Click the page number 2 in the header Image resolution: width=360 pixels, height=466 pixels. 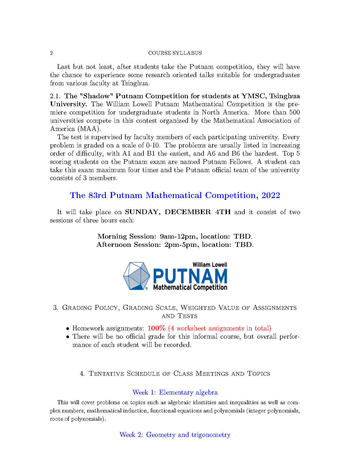point(51,53)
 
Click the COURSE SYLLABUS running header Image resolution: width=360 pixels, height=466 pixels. point(175,53)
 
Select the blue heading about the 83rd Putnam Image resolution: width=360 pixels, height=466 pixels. point(175,195)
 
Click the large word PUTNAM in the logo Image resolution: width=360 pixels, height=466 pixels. point(190,276)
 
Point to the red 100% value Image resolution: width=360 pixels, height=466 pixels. point(156,328)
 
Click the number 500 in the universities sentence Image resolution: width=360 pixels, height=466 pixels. point(294,112)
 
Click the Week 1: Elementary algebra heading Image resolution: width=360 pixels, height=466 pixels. point(175,392)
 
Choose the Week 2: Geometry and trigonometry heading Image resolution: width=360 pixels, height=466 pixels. point(175,435)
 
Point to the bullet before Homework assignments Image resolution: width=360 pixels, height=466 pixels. point(68,329)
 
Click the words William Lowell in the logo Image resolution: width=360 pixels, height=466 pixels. point(210,265)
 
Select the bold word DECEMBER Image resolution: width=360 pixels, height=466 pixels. point(188,212)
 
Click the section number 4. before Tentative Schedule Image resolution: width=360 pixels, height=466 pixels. point(82,374)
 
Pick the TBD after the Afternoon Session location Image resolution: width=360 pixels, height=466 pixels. point(243,245)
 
